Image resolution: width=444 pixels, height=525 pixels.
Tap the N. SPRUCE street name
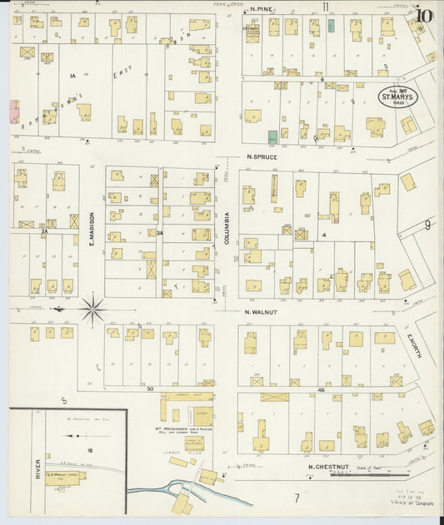click(x=262, y=156)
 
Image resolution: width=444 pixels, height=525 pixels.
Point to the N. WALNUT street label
click(x=262, y=313)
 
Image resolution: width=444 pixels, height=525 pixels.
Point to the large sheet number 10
click(x=425, y=14)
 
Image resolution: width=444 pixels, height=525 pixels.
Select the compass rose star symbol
click(x=93, y=309)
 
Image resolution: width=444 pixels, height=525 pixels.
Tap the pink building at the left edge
click(x=14, y=111)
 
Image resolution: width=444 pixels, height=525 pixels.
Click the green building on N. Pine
click(x=332, y=26)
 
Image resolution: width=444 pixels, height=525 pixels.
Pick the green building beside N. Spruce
click(x=272, y=136)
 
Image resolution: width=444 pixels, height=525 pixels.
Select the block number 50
click(x=151, y=389)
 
